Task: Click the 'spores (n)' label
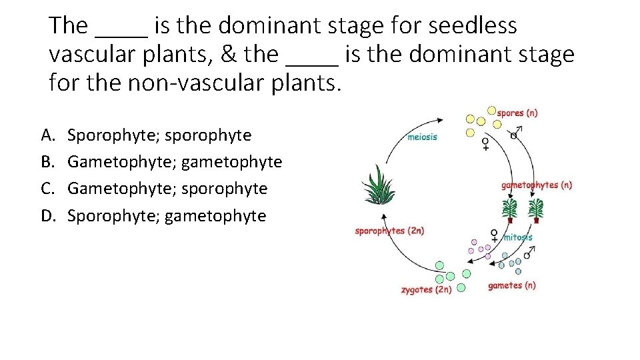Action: [517, 113]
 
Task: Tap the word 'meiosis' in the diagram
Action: [422, 137]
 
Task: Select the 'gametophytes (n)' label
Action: [537, 185]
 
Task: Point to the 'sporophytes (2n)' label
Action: [389, 231]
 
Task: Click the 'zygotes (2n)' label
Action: [426, 290]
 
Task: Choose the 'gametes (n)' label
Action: [511, 285]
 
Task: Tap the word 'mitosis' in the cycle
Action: [517, 237]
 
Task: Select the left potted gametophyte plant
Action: [511, 210]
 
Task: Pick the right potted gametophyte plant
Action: [536, 210]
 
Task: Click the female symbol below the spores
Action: [485, 144]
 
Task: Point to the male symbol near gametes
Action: [528, 253]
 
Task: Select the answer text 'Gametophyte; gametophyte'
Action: [175, 163]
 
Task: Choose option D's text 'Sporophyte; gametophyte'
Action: [167, 216]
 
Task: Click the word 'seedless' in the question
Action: [473, 25]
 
